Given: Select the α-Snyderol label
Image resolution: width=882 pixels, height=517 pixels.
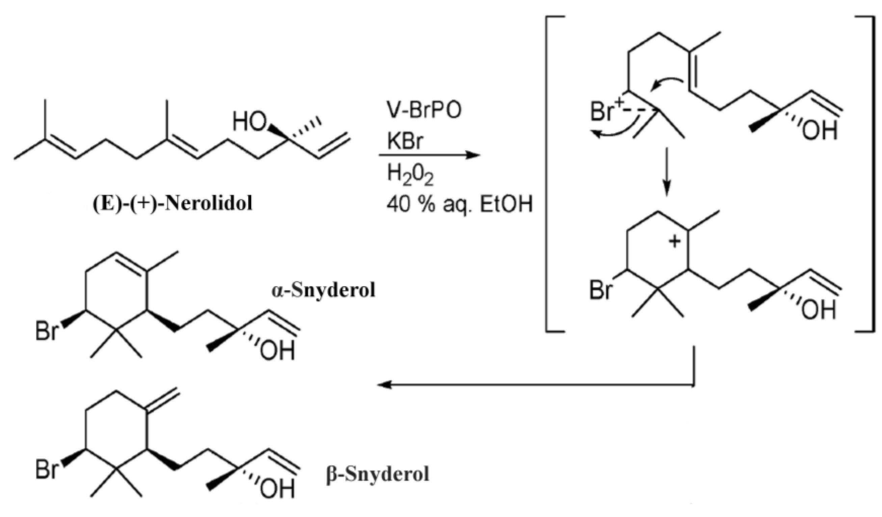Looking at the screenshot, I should tap(323, 290).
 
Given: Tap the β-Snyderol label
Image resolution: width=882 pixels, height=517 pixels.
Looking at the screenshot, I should tap(377, 474).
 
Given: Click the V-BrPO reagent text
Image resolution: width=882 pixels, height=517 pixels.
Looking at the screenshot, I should tap(424, 111).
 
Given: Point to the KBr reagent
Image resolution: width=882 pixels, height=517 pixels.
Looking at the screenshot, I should tap(405, 142).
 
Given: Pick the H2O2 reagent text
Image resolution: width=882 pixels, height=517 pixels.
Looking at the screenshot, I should tap(410, 175).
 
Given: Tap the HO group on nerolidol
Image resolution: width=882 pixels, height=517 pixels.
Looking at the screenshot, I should tap(249, 122).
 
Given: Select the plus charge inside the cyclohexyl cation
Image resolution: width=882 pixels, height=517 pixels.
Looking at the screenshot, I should tap(675, 241).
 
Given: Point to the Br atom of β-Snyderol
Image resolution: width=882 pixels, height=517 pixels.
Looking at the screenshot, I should tap(46, 469).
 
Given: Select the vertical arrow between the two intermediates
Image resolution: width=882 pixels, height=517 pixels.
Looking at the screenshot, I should tap(667, 171).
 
